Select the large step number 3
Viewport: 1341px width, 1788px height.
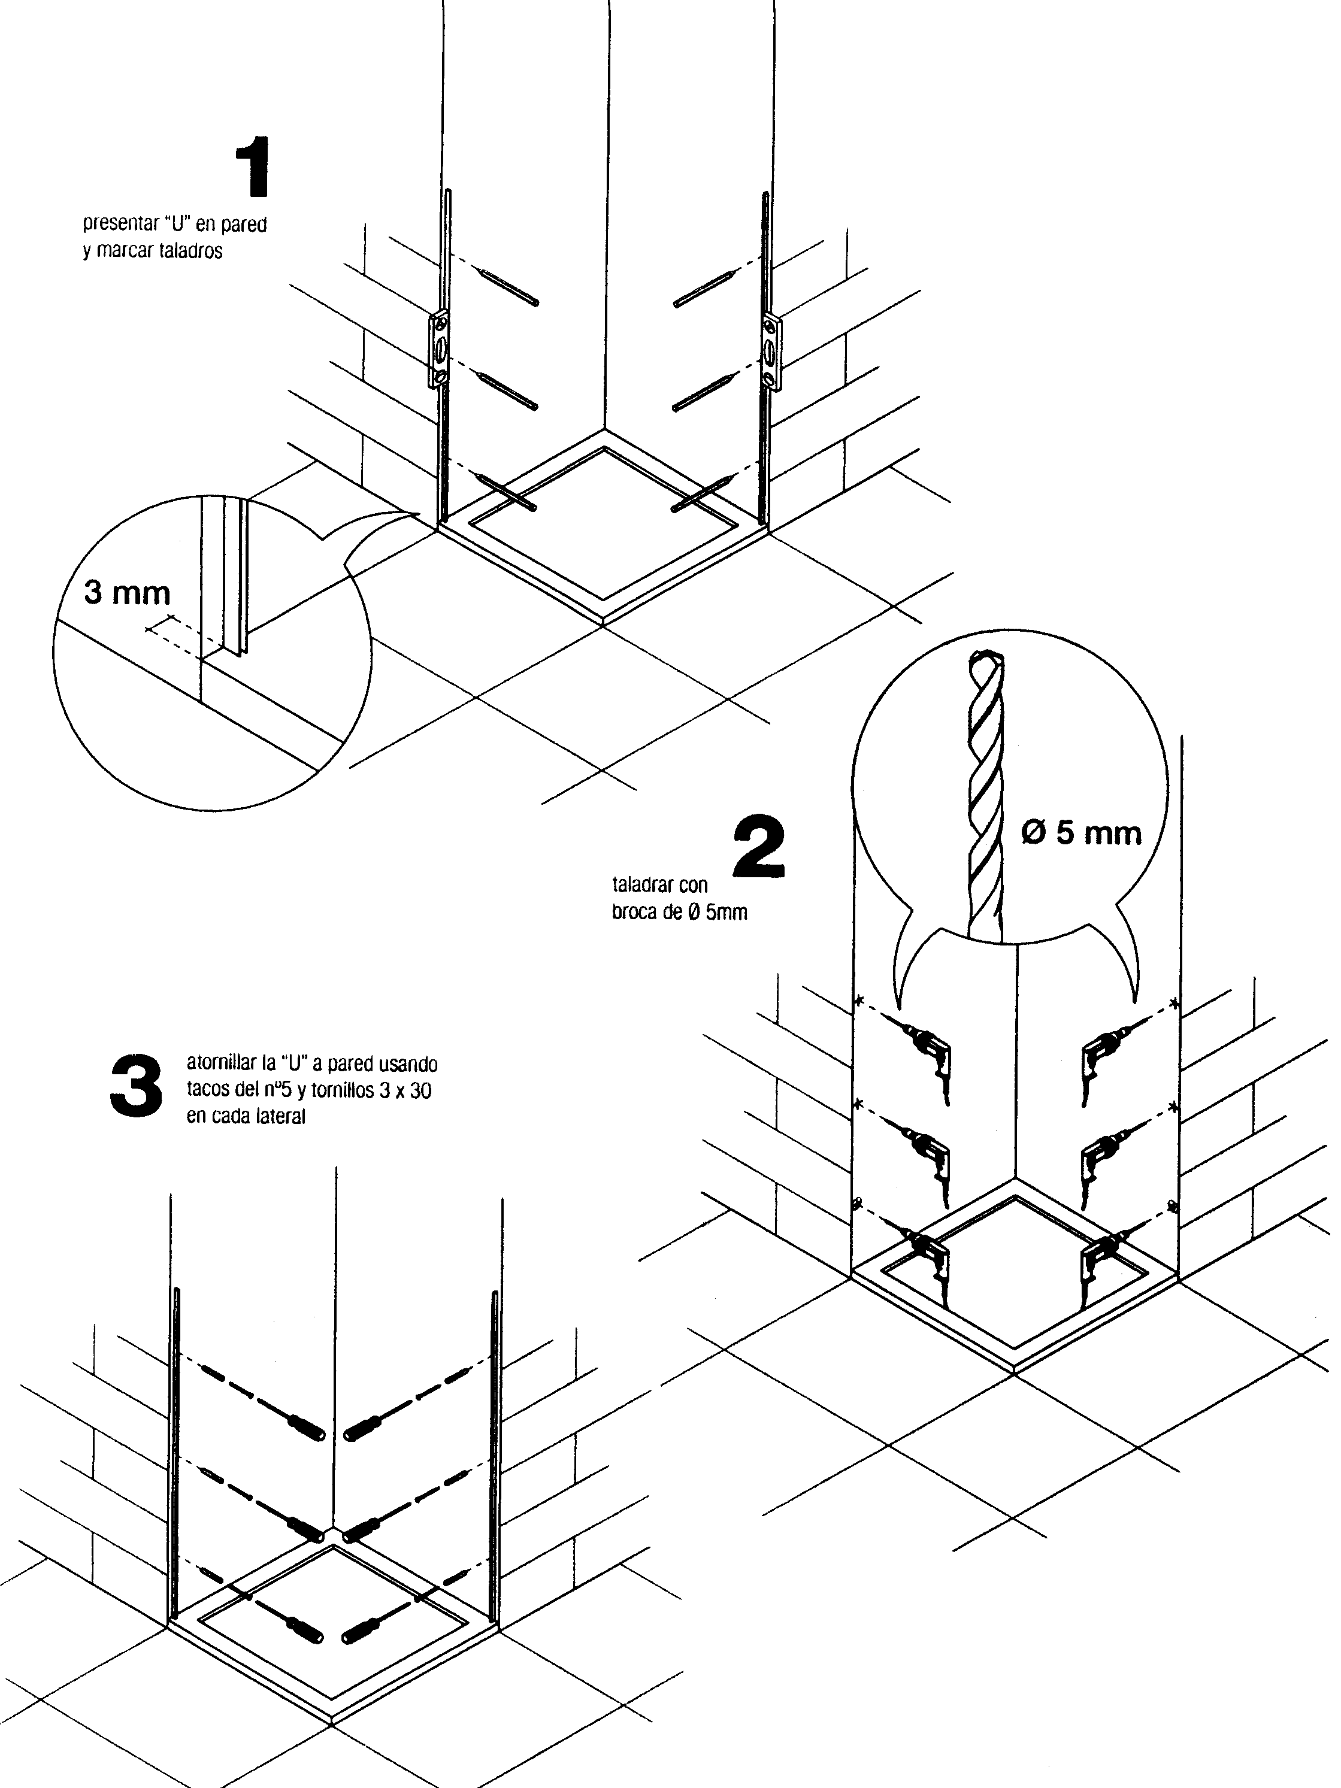click(x=136, y=1085)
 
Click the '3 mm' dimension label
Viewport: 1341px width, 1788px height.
click(x=128, y=592)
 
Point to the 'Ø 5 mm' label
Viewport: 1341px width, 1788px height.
click(x=1080, y=832)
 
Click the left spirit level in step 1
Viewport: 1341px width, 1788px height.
click(x=439, y=350)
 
